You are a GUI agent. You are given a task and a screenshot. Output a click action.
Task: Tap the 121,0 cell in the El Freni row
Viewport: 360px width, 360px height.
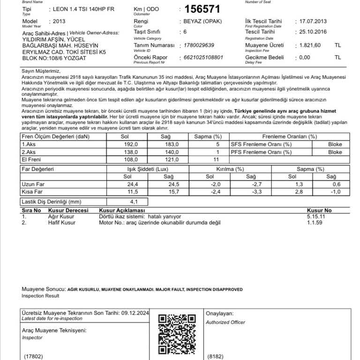pos(174,159)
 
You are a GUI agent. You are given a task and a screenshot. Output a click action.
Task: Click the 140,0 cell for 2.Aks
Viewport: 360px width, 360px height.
pos(174,152)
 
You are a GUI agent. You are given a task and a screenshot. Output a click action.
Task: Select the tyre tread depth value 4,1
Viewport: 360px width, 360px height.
pos(134,202)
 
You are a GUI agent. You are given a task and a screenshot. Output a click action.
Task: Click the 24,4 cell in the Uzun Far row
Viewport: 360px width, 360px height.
pos(133,184)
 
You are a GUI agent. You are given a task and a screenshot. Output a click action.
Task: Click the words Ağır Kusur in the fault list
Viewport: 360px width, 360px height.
pos(61,217)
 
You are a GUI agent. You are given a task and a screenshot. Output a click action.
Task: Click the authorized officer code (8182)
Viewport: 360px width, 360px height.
pos(215,356)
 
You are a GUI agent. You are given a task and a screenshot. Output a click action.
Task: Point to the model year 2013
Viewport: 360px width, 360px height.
pos(60,22)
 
